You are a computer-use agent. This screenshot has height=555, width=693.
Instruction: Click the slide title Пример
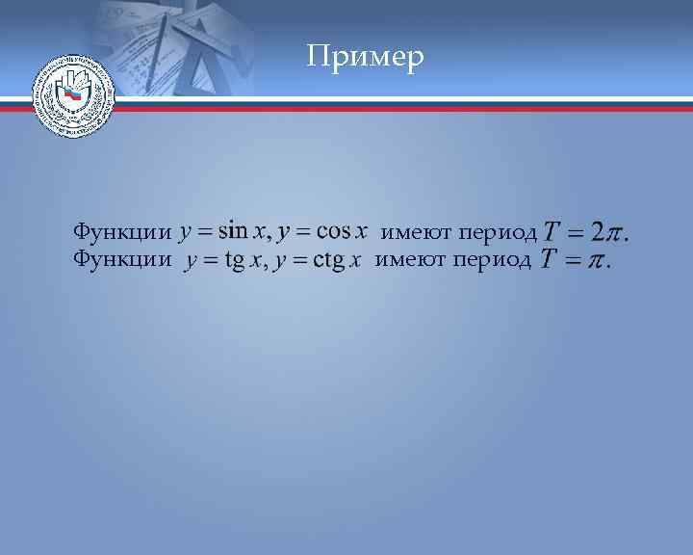[x=365, y=57]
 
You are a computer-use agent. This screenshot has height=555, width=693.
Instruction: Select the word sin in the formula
[x=234, y=232]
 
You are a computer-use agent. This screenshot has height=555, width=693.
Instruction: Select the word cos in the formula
[x=333, y=232]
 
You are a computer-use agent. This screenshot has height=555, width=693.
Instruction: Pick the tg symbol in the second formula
[x=235, y=261]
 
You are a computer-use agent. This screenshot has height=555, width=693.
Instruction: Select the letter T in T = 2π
[x=552, y=233]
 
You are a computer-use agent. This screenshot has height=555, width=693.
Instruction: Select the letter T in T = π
[x=548, y=259]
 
